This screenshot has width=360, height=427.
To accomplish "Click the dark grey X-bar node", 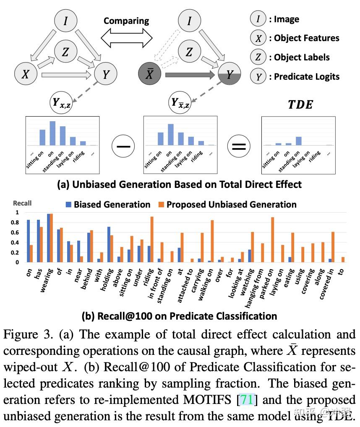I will click(150, 75).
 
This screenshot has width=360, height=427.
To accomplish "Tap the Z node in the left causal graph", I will click(65, 52).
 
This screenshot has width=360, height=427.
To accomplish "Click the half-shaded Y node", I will click(230, 75).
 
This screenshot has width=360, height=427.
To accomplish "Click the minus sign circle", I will click(124, 146).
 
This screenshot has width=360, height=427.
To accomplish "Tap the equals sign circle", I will click(239, 146).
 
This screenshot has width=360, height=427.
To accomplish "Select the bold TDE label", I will click(300, 104).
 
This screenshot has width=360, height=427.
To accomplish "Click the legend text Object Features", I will click(306, 38).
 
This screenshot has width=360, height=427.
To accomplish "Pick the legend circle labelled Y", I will click(259, 77).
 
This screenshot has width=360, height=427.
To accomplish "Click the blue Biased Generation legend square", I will click(69, 205).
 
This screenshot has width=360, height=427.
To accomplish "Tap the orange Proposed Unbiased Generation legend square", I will click(161, 205).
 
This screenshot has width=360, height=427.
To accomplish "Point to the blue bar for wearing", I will click(49, 238).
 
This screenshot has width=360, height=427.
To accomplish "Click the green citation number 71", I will click(247, 400).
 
